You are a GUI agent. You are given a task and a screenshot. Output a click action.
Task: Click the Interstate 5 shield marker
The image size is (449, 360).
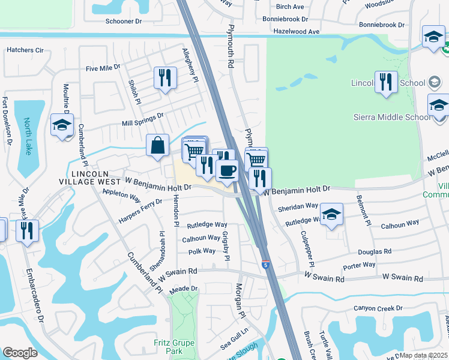pyautogui.click(x=265, y=264)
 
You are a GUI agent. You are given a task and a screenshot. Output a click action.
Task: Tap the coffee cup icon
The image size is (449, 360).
pyautogui.click(x=227, y=170)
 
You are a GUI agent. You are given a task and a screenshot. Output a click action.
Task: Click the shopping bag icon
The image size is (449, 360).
pyautogui.click(x=157, y=145)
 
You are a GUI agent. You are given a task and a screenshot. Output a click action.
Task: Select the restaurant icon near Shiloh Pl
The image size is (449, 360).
pyautogui.click(x=164, y=78)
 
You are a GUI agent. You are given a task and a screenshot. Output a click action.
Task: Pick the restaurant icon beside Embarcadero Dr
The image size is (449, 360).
pyautogui.click(x=27, y=230)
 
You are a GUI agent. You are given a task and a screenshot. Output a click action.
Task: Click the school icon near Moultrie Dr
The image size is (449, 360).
pyautogui.click(x=61, y=125)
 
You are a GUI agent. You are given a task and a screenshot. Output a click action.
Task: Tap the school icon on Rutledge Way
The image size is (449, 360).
pyautogui.click(x=331, y=215)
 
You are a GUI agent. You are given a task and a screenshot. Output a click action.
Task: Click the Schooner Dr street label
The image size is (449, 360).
pyautogui.click(x=123, y=20)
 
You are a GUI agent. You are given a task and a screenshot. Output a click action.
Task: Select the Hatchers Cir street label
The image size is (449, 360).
pyautogui.click(x=25, y=50)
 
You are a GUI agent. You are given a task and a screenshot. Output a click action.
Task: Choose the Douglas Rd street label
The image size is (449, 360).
pyautogui.click(x=375, y=252)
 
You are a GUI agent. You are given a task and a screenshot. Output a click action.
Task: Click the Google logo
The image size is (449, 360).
pyautogui.click(x=20, y=353)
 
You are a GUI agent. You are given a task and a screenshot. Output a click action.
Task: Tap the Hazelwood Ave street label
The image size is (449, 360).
pyautogui.click(x=297, y=31)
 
